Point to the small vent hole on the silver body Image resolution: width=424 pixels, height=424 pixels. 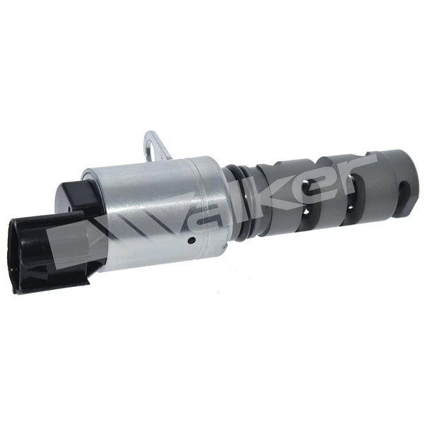coord(192,240)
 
